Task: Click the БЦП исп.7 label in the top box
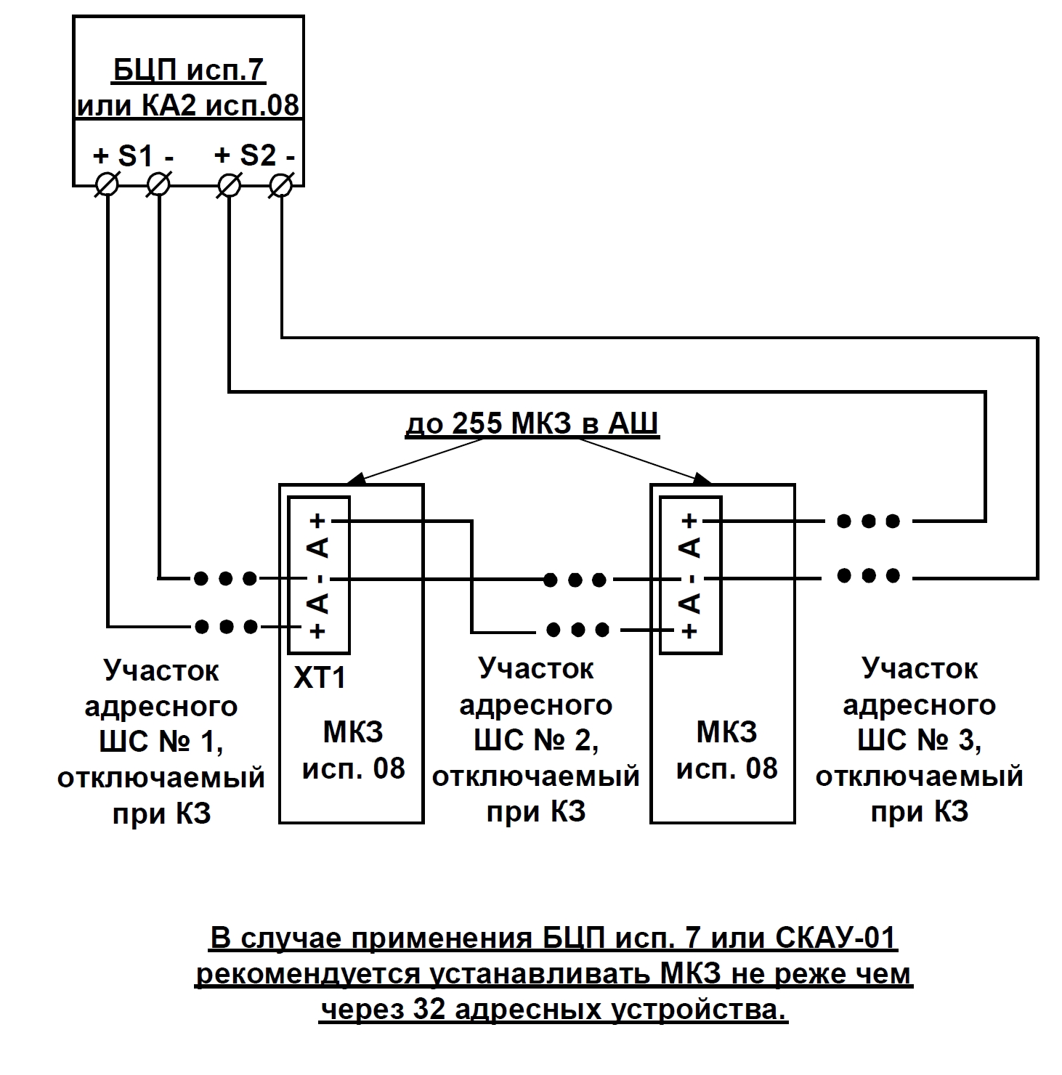(188, 70)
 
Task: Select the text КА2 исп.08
(217, 106)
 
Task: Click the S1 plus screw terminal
(107, 185)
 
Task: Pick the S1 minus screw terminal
(158, 185)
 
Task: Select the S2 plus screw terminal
(229, 185)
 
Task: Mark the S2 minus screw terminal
(280, 185)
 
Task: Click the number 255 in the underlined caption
(477, 423)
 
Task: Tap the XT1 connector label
(320, 678)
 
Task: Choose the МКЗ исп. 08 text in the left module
(353, 750)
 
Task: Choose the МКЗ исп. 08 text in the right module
(726, 750)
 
